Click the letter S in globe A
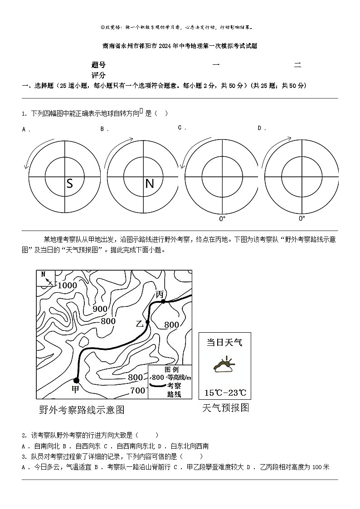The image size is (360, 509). tap(69, 184)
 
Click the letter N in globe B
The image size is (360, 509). tap(149, 184)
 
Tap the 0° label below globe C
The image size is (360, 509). tap(222, 219)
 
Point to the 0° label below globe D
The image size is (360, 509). tap(302, 218)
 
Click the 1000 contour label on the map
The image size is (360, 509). tap(67, 285)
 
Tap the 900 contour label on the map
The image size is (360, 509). tap(100, 309)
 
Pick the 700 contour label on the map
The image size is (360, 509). tap(137, 391)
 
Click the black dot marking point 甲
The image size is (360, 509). tap(76, 380)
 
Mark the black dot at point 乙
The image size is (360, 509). tap(147, 322)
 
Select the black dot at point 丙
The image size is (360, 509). tap(163, 301)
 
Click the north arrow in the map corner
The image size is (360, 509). tap(46, 278)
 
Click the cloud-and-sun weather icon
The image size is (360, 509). tap(224, 366)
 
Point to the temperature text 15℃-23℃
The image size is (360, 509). tap(225, 393)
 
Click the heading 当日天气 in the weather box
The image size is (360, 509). tap(224, 342)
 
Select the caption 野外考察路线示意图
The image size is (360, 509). tap(82, 410)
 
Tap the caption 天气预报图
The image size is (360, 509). tap(225, 407)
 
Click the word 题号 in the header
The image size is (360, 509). tap(98, 65)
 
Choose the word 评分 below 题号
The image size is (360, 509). tap(98, 75)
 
